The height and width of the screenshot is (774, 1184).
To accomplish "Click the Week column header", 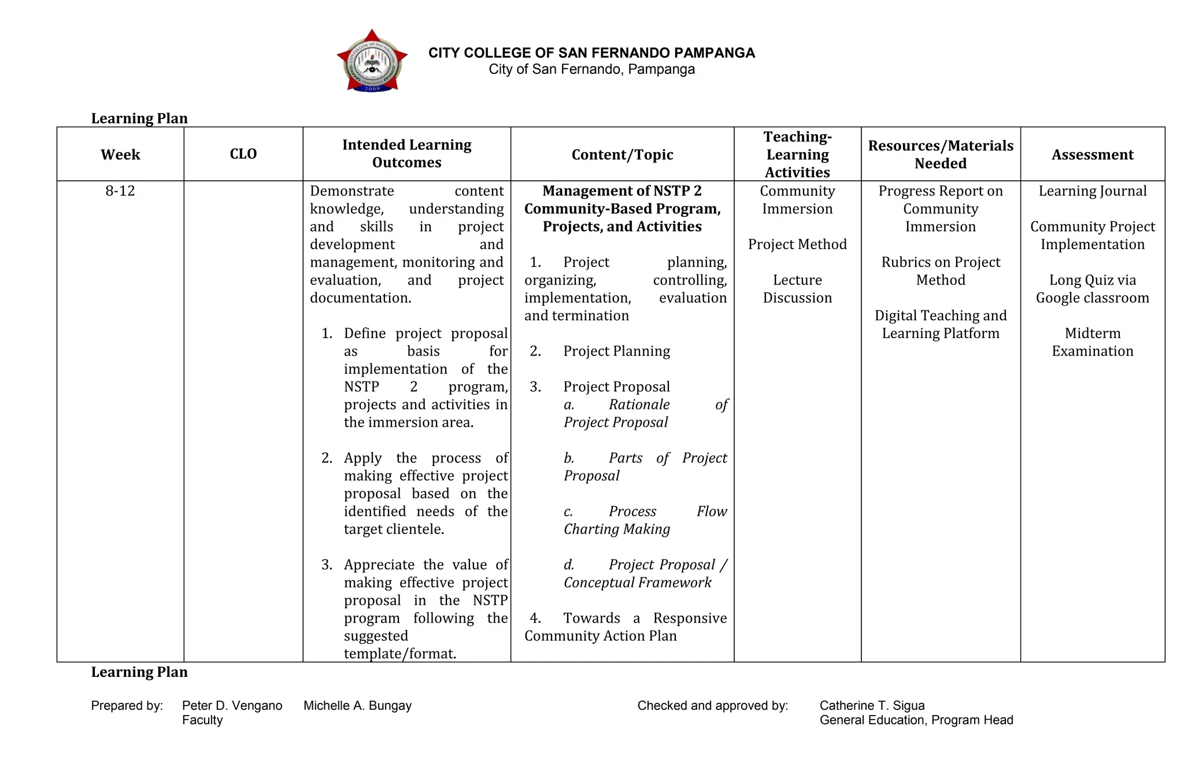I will pos(120,154).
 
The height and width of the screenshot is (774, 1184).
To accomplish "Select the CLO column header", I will pos(243,154).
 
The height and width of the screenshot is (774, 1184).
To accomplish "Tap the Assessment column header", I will pos(1092,154).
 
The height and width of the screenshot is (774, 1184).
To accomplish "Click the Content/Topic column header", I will pos(622,154).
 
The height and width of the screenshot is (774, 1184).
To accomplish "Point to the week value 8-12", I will pos(120,191).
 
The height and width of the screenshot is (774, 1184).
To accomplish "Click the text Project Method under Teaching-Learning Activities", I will pos(797,244).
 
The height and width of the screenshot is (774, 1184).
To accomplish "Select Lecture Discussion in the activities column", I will pos(797,288).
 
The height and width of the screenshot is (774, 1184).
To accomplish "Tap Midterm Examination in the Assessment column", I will pos(1092,342).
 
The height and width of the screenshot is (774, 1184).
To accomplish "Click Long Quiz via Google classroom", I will pos(1092,288).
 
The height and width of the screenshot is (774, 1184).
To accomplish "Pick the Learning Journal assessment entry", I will pos(1092,191).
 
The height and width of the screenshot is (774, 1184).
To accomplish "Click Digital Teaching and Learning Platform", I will pos(940,324).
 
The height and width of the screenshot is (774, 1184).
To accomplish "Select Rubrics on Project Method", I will pos(940,271).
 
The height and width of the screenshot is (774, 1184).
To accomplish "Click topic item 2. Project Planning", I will pos(616,351).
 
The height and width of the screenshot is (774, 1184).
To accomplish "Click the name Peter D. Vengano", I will pos(232,705).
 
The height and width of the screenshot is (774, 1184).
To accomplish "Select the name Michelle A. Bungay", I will pos(357,705).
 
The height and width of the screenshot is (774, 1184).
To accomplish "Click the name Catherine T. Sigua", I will pos(872,705).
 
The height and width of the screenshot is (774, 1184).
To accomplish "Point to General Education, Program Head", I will pos(916,720).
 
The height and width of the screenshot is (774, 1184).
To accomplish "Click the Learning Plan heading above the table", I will pos(139,118).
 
